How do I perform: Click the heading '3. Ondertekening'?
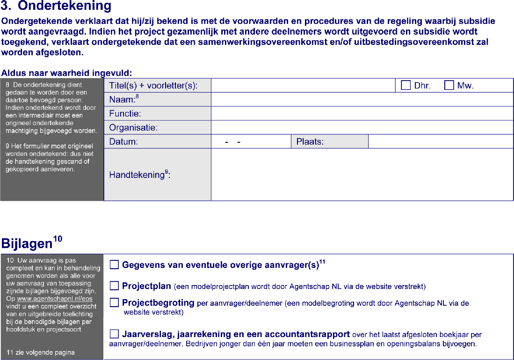57,7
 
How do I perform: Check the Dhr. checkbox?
405,86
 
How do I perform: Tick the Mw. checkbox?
449,86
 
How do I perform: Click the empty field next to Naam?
362,100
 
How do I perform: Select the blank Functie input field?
362,114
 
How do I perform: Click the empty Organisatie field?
362,128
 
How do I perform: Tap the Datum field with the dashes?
251,142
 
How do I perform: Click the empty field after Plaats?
440,142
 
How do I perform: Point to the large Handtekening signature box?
362,175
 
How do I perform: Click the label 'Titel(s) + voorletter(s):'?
153,86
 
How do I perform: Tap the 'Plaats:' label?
310,142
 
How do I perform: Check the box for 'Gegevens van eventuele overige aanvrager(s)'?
115,265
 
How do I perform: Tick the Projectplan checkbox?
115,286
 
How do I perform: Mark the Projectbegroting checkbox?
115,303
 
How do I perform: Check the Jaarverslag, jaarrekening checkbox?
115,334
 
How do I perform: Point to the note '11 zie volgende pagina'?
40,353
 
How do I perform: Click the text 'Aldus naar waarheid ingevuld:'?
67,73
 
